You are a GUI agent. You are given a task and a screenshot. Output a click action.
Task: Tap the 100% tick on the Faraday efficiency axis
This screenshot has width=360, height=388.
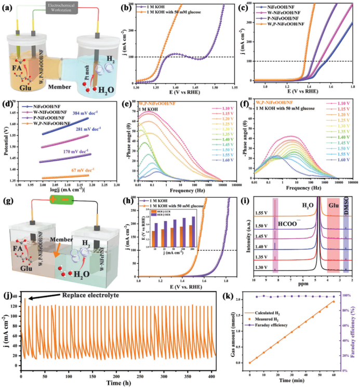pyautogui.click(x=349, y=295)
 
